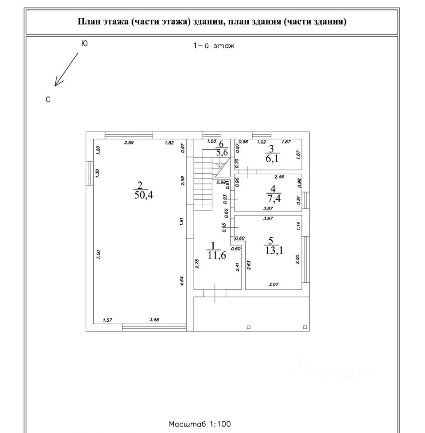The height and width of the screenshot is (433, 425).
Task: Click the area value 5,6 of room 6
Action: (222, 152)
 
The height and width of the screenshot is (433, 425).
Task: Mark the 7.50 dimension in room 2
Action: (98, 254)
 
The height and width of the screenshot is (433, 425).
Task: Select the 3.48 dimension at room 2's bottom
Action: (154, 320)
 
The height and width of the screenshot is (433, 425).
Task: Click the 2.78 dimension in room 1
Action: (197, 264)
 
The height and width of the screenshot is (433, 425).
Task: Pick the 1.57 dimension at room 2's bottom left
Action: (107, 320)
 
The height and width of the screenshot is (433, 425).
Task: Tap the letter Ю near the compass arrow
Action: (84, 43)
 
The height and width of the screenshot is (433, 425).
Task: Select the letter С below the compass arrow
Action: (48, 99)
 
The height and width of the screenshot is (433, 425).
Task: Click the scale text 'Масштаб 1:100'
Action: (200, 424)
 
